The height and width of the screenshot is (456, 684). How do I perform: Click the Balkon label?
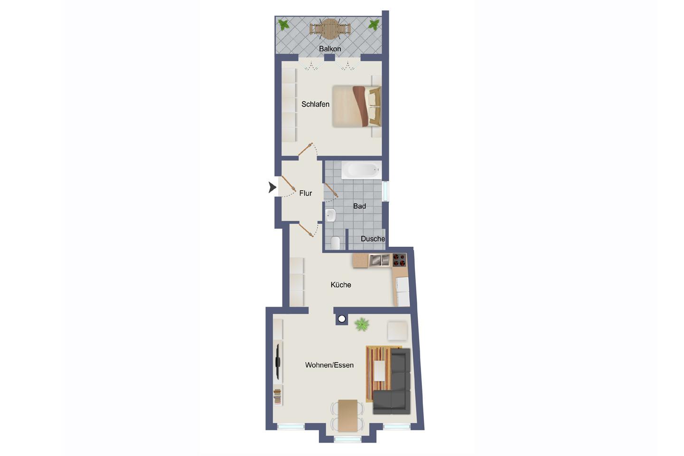[330, 48]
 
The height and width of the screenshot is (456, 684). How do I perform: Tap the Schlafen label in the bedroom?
[315, 104]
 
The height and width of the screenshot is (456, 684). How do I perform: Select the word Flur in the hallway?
[305, 193]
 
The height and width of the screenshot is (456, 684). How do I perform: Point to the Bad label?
[359, 206]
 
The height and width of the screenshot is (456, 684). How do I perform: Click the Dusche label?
[373, 239]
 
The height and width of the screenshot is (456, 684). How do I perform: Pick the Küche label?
[341, 285]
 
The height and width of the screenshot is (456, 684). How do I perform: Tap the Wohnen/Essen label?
[329, 365]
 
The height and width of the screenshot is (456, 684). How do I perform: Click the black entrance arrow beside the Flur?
[272, 187]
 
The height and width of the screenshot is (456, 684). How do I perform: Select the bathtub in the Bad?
[362, 170]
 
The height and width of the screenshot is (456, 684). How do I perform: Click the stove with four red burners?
[399, 260]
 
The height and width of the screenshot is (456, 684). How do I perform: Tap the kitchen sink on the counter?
[380, 260]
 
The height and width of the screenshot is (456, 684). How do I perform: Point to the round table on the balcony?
[330, 29]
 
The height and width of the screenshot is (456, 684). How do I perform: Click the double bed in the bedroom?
[356, 106]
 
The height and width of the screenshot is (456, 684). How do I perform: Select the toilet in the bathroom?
[335, 243]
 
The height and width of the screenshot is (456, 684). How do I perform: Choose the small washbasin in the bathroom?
[330, 215]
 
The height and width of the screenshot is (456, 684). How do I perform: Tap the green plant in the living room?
[362, 324]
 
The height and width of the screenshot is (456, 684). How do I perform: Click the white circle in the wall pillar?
[342, 319]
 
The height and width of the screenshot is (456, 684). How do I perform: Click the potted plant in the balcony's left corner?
[284, 25]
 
